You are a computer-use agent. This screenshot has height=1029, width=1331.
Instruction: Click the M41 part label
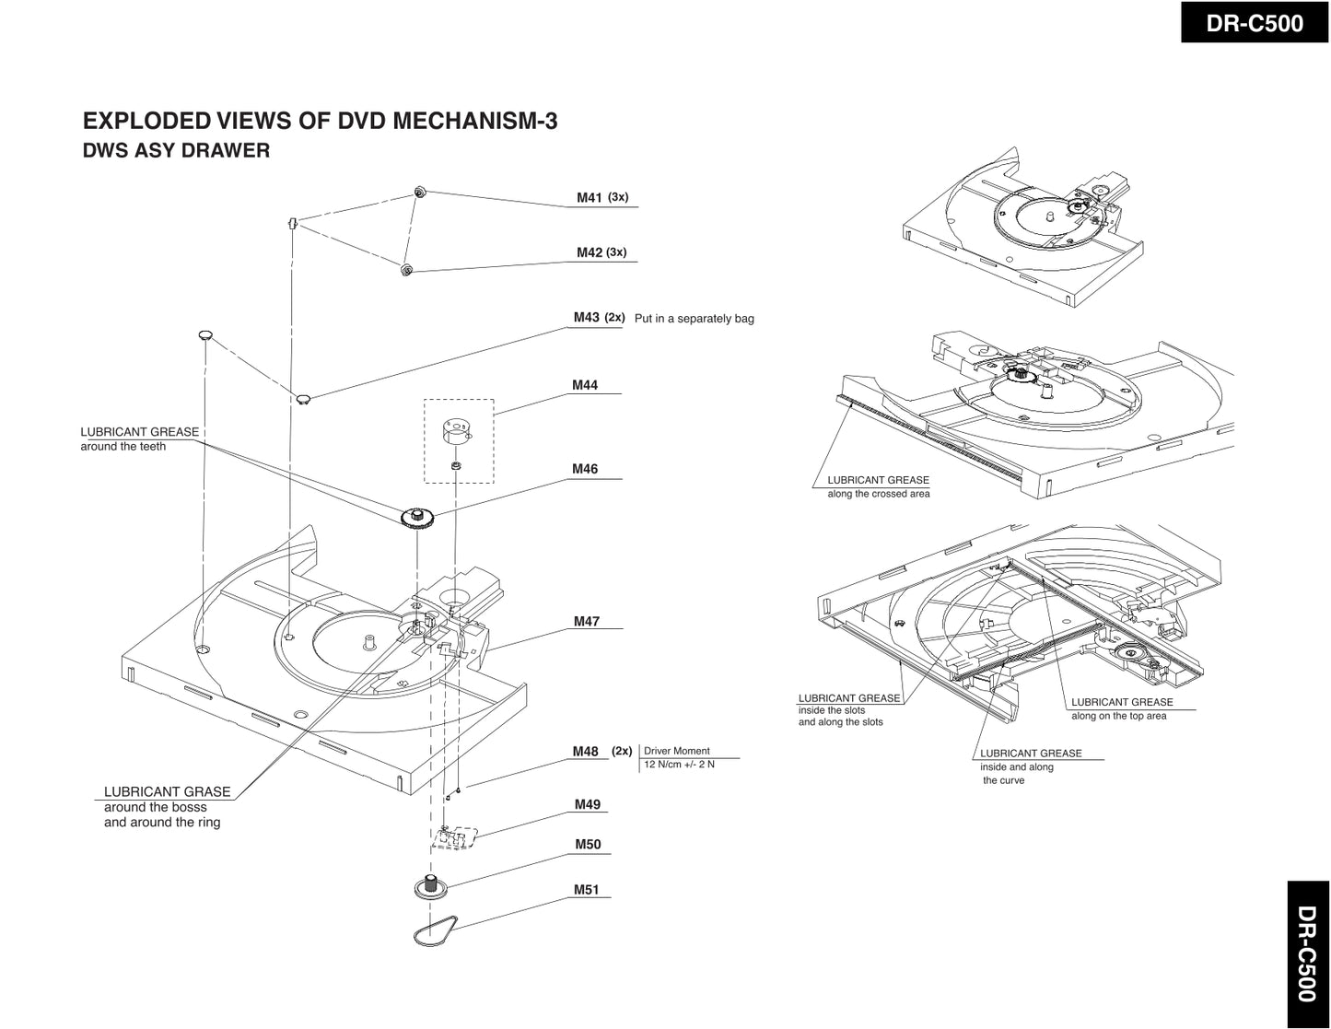tap(589, 197)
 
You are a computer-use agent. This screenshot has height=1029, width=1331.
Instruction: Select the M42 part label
tap(589, 252)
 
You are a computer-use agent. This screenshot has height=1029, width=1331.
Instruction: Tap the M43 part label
tap(586, 318)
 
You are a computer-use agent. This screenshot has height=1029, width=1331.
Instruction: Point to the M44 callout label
tap(585, 385)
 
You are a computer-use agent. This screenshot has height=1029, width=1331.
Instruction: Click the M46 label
tap(585, 469)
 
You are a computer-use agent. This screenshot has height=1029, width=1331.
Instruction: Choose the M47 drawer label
tap(587, 622)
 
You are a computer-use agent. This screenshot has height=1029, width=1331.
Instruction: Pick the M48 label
tap(586, 752)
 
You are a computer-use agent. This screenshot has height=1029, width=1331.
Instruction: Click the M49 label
tap(588, 804)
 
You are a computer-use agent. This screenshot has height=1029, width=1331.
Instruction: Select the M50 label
tap(588, 845)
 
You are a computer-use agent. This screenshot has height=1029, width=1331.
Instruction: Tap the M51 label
tap(587, 890)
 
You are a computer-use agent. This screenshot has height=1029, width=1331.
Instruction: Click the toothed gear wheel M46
tap(418, 517)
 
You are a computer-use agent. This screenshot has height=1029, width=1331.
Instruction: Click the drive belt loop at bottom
tap(434, 932)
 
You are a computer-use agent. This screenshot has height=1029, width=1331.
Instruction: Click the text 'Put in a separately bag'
tap(694, 319)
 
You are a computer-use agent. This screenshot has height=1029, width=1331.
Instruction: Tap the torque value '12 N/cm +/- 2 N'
tap(679, 765)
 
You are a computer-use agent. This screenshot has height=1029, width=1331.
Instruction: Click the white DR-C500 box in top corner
tap(1255, 23)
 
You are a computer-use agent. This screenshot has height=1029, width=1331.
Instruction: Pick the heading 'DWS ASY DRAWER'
tap(177, 150)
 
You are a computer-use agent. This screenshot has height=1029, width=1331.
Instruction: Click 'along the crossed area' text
tap(878, 495)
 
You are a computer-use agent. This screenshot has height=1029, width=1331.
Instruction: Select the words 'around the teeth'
tap(123, 447)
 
